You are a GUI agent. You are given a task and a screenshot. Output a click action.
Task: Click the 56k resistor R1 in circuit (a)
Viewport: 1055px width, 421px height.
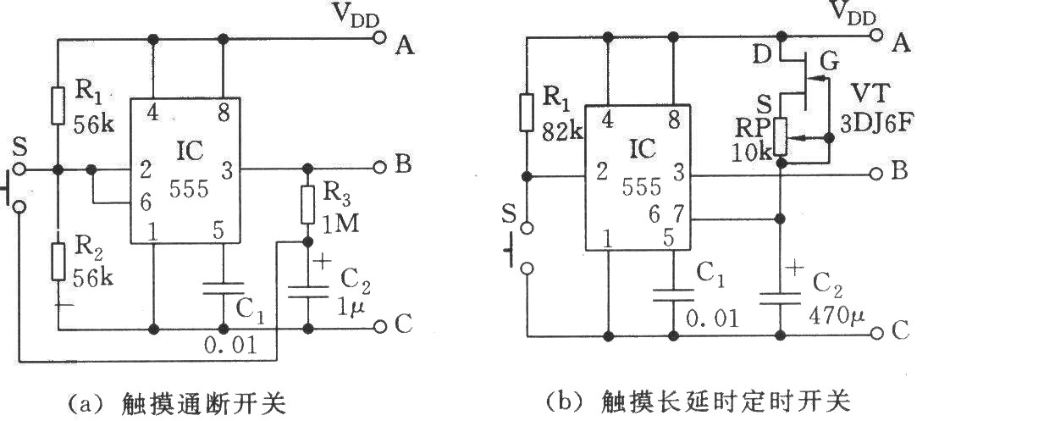point(58,104)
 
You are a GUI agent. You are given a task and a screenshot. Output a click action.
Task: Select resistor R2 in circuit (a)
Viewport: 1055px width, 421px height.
point(58,261)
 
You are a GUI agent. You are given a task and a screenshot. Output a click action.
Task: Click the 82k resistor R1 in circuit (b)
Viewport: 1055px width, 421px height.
point(526,113)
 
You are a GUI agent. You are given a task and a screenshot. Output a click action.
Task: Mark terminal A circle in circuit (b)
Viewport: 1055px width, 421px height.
point(880,38)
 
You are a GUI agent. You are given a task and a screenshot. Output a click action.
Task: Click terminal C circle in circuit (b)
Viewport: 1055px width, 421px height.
point(880,331)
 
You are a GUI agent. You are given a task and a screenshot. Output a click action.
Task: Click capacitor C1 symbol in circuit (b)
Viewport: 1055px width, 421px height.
point(674,294)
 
